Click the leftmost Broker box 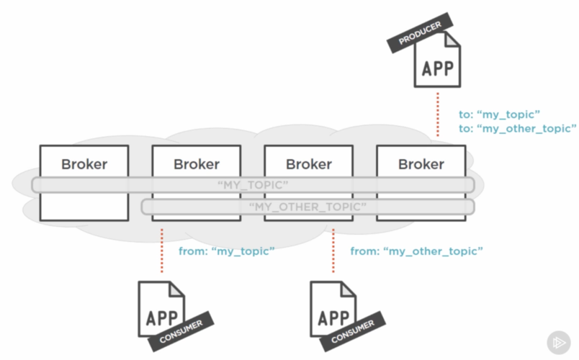pyautogui.click(x=84, y=163)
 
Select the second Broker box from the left pyautogui.click(x=197, y=163)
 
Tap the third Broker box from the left pyautogui.click(x=309, y=163)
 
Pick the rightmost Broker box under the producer pyautogui.click(x=421, y=163)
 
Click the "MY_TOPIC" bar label pyautogui.click(x=253, y=185)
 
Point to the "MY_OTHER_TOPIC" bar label pyautogui.click(x=308, y=207)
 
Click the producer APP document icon pyautogui.click(x=436, y=68)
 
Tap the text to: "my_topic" pyautogui.click(x=499, y=114)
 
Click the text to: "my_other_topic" pyautogui.click(x=517, y=128)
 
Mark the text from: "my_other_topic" pyautogui.click(x=416, y=251)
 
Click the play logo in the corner pyautogui.click(x=558, y=341)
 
